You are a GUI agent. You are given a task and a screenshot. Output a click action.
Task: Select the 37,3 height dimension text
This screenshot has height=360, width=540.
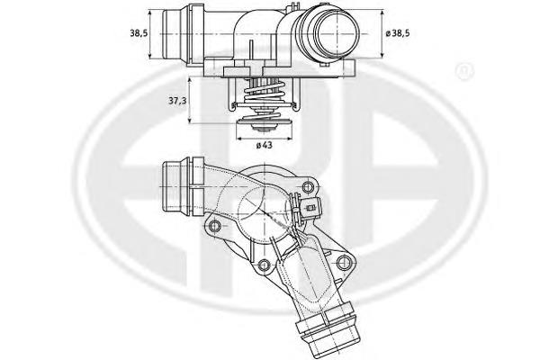click(x=176, y=103)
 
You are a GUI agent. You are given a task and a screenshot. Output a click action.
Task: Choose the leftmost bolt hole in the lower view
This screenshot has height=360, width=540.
click(x=213, y=222)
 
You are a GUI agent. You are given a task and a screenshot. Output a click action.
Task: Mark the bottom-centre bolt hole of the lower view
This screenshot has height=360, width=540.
click(x=263, y=265)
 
